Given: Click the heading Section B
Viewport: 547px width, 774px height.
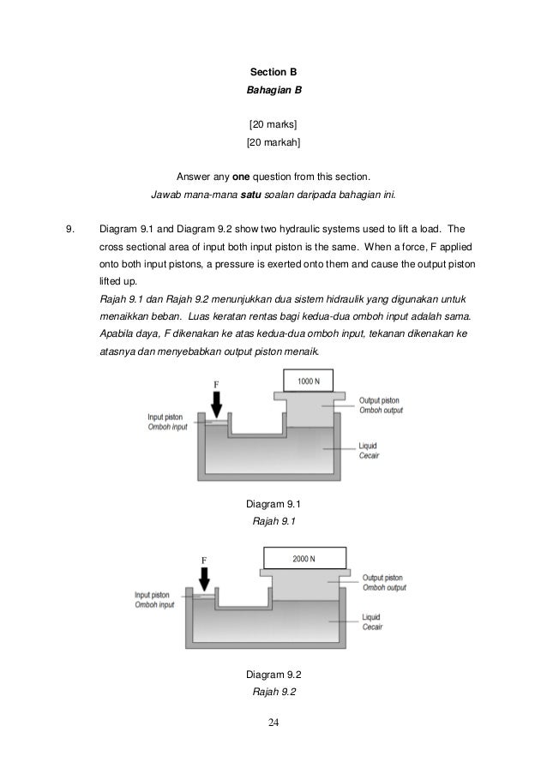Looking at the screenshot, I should (273, 71).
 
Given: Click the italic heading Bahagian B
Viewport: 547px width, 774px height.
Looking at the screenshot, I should (273, 89).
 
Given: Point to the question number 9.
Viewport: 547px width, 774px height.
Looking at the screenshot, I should (71, 229).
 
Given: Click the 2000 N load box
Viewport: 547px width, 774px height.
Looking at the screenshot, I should (304, 559).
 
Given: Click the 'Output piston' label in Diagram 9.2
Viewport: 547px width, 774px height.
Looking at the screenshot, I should (382, 577).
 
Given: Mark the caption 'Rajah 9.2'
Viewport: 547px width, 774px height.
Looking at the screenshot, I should (273, 691).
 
